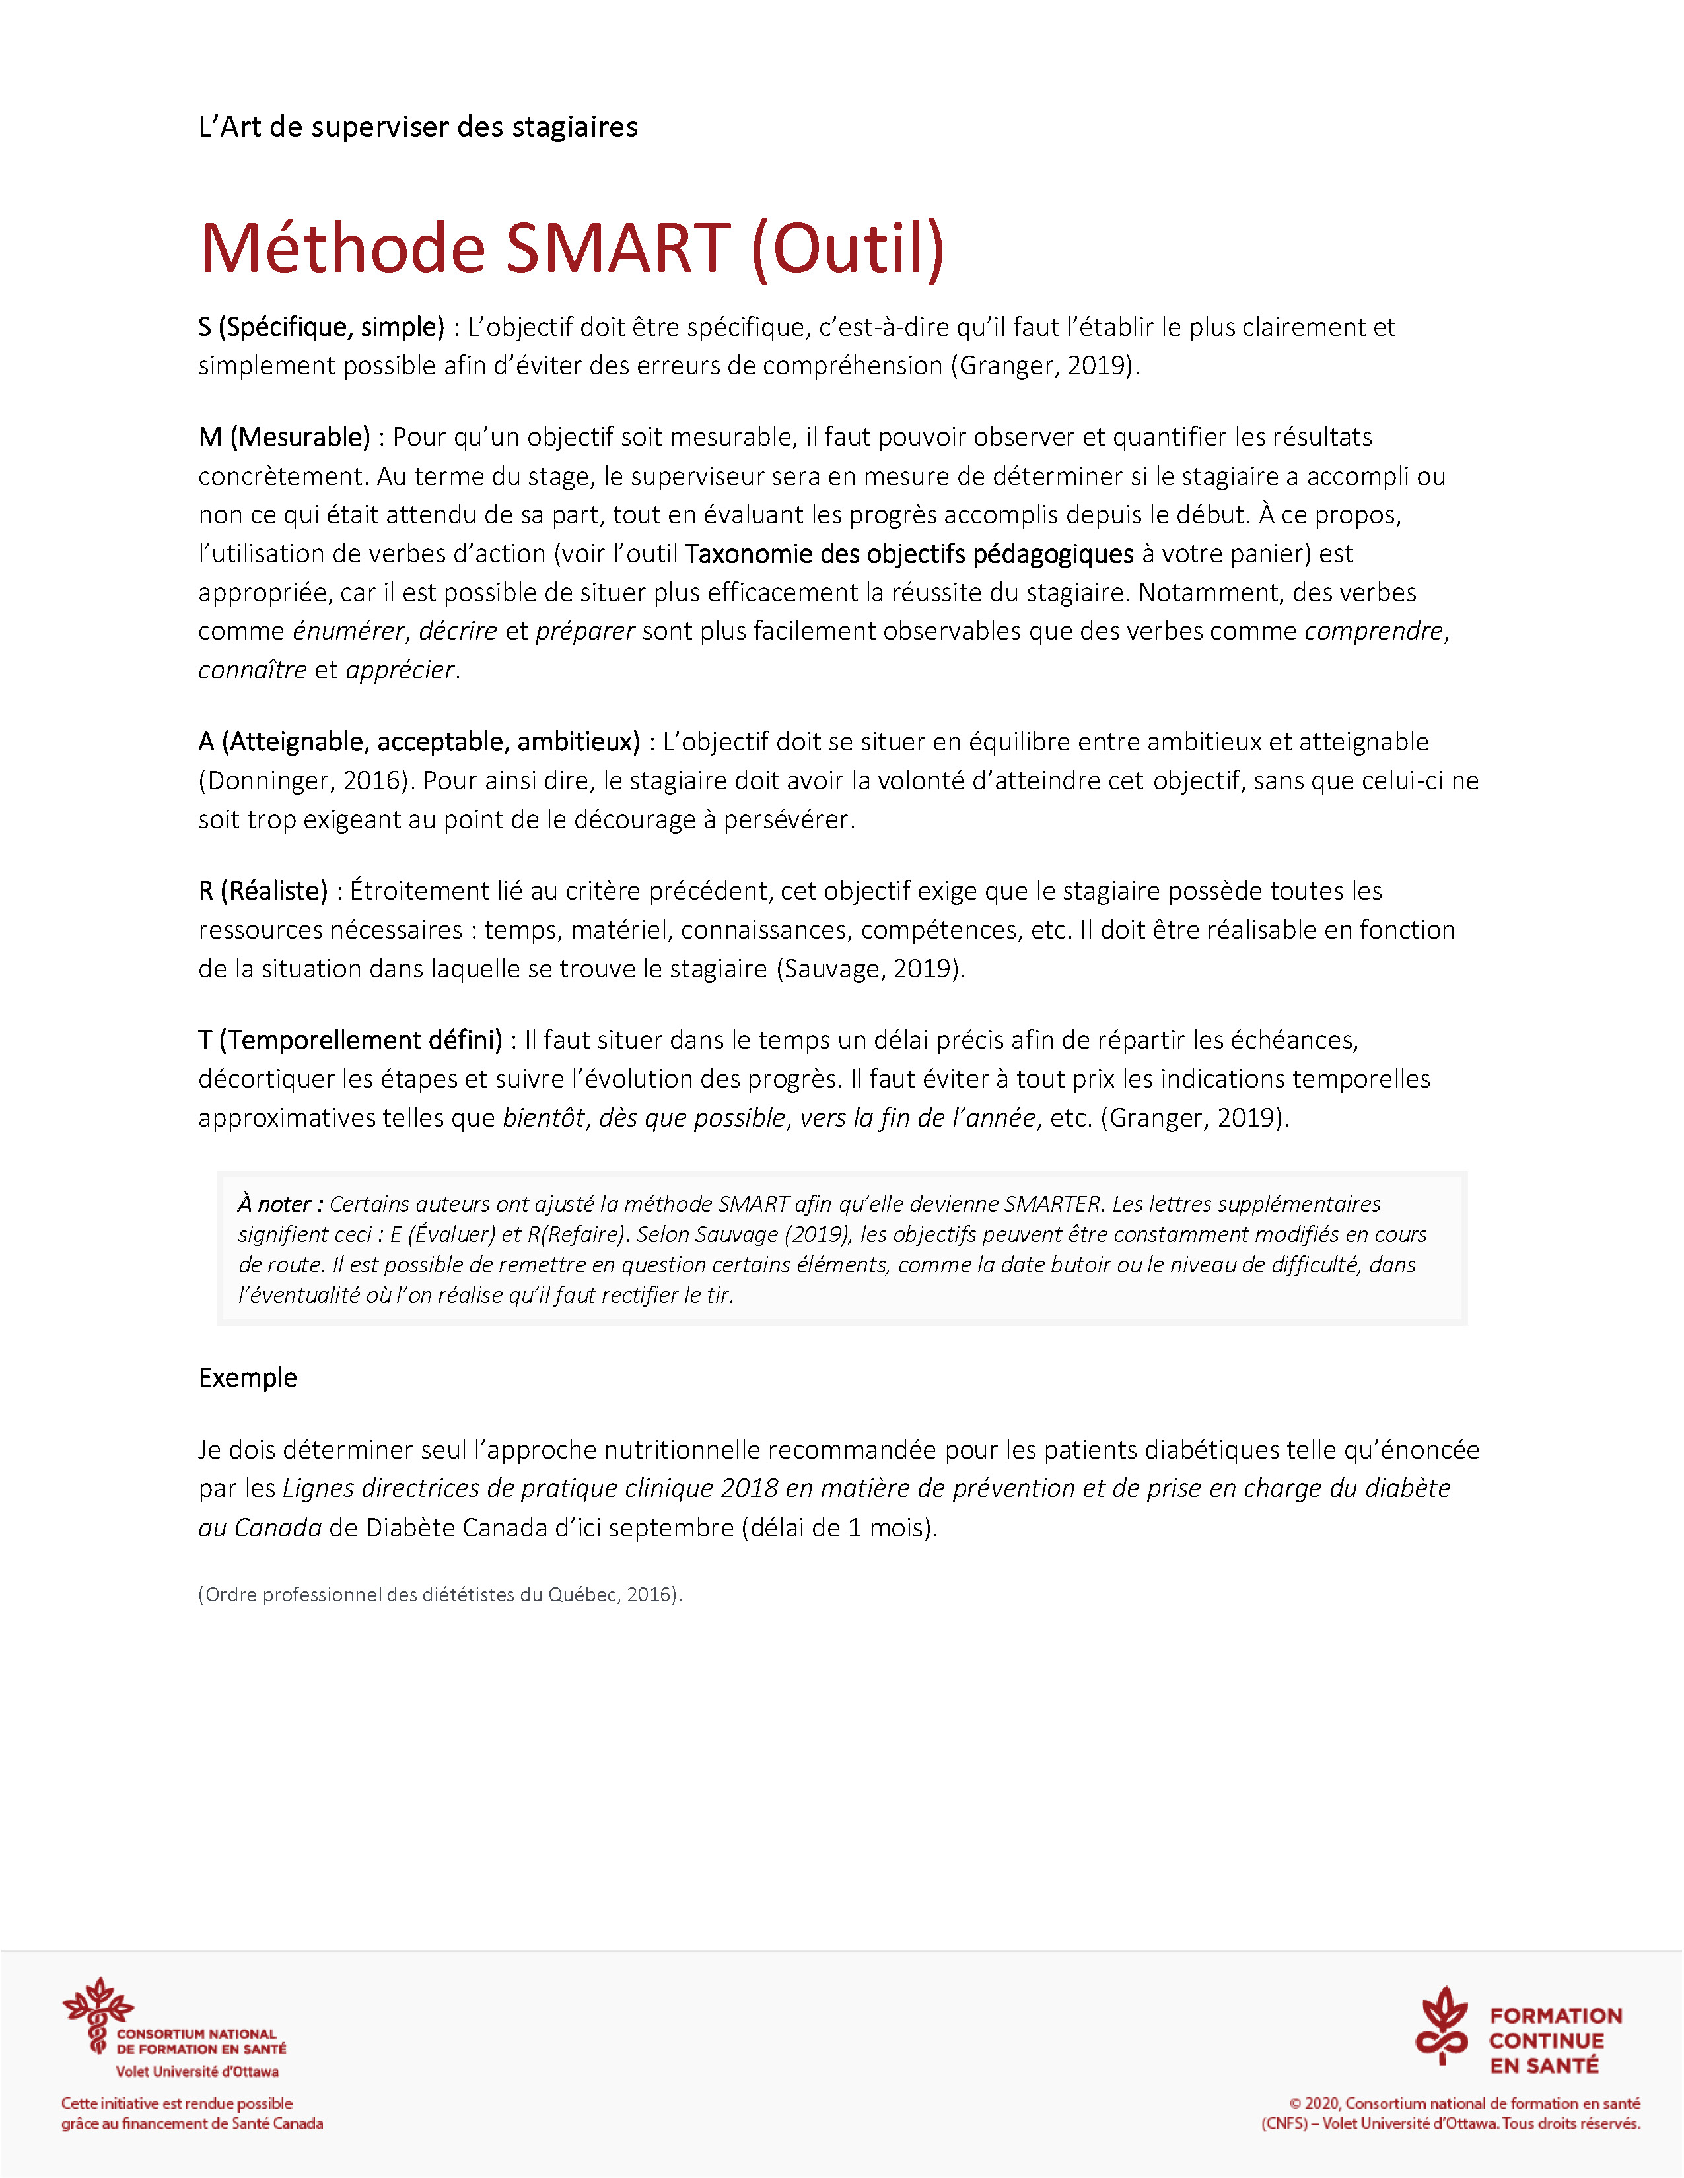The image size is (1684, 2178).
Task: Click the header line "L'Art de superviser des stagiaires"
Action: click(x=418, y=127)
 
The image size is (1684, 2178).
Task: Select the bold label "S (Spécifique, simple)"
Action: click(x=321, y=327)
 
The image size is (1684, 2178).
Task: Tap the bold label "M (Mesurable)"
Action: click(x=285, y=437)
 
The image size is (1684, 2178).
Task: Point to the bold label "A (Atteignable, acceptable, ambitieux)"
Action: click(x=419, y=742)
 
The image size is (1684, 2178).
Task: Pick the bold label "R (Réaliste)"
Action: click(x=263, y=890)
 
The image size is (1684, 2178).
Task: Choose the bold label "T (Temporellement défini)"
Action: click(x=350, y=1040)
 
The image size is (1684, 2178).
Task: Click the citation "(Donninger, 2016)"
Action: click(x=304, y=781)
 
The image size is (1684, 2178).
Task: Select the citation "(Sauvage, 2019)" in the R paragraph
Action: click(x=870, y=968)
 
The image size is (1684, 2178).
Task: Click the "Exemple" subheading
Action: click(x=248, y=1378)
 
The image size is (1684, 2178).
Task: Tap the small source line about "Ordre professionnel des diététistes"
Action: click(x=440, y=1595)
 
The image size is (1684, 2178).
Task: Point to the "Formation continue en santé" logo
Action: click(x=1518, y=2040)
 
